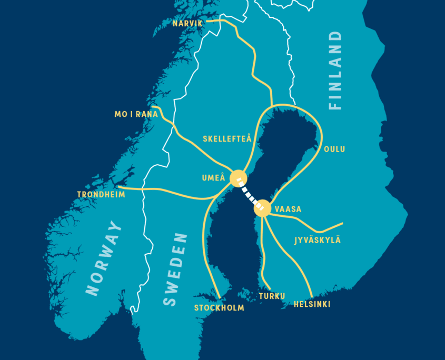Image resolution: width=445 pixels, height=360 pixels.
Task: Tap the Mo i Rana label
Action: pyautogui.click(x=136, y=114)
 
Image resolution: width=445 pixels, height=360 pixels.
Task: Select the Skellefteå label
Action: pyautogui.click(x=227, y=139)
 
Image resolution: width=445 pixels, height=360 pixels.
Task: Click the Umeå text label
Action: pyautogui.click(x=214, y=178)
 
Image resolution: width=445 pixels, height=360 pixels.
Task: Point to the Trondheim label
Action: pyautogui.click(x=101, y=195)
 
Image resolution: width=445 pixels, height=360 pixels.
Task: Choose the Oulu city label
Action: pyautogui.click(x=334, y=149)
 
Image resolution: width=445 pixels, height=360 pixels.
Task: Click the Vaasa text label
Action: pyautogui.click(x=288, y=209)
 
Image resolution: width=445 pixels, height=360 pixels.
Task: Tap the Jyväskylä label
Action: pyautogui.click(x=318, y=240)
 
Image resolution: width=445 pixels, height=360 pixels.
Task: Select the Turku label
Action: pyautogui.click(x=272, y=296)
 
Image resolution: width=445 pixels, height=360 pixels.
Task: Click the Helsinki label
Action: pyautogui.click(x=312, y=304)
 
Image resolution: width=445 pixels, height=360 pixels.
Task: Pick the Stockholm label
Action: pyautogui.click(x=219, y=308)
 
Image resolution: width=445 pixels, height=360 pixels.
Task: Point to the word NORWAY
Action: pyautogui.click(x=104, y=258)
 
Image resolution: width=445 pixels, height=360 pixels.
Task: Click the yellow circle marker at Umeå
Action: pyautogui.click(x=239, y=178)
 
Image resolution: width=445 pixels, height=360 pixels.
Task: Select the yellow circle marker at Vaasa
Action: pyautogui.click(x=262, y=208)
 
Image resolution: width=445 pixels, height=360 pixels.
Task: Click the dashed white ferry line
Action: pyautogui.click(x=250, y=194)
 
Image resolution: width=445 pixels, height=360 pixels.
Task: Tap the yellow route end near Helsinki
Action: pyautogui.click(x=312, y=297)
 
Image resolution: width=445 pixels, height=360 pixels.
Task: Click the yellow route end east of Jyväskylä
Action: pyautogui.click(x=342, y=223)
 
